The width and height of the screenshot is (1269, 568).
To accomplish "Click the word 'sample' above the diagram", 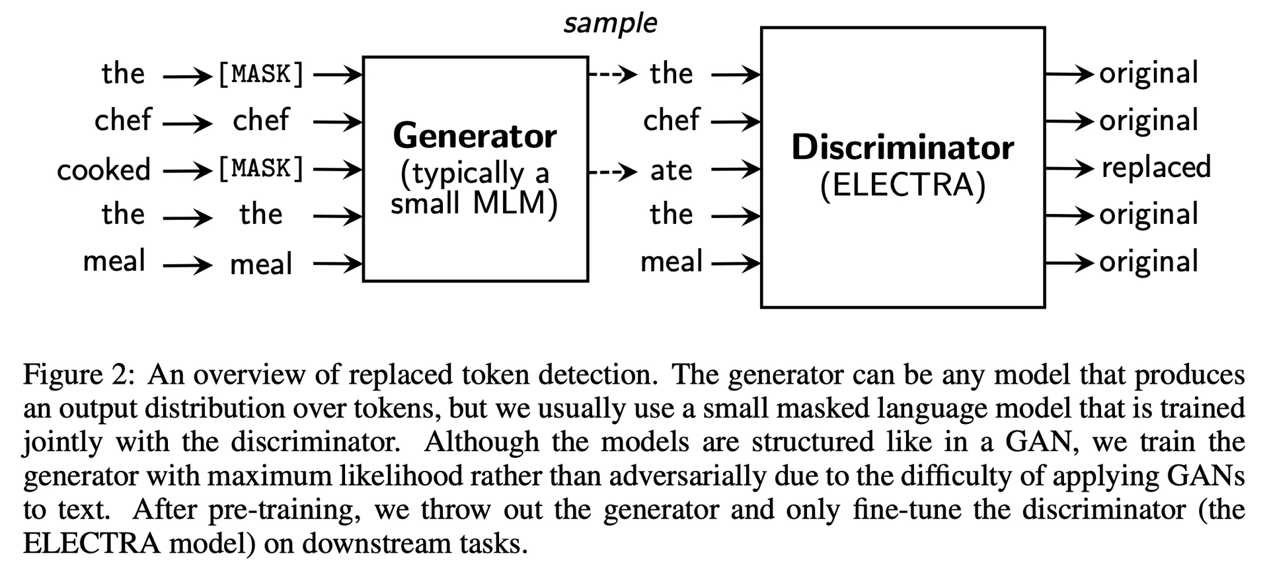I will (x=610, y=24).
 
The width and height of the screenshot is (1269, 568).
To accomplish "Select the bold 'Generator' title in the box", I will (x=475, y=136).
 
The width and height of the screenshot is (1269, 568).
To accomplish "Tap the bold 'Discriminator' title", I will (x=902, y=147).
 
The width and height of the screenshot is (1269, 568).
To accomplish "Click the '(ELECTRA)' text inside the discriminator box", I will (x=902, y=184).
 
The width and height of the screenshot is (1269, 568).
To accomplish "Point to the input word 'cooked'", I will (x=104, y=170).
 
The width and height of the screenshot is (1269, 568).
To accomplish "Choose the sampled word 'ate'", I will (x=671, y=170).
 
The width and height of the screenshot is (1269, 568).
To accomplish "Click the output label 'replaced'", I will (x=1156, y=168).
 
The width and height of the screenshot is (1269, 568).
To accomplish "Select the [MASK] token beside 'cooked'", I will (x=261, y=169).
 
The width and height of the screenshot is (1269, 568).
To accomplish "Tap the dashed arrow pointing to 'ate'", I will (x=613, y=172).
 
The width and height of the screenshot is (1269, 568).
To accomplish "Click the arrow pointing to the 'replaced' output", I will (x=1069, y=169).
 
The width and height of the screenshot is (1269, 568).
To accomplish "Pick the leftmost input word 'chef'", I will (x=123, y=120).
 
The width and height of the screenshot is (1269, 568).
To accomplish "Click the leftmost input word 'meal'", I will (x=114, y=262).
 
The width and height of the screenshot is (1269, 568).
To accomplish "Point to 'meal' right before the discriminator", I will (x=671, y=262).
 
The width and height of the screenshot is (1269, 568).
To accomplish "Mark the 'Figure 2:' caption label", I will (x=79, y=375).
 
